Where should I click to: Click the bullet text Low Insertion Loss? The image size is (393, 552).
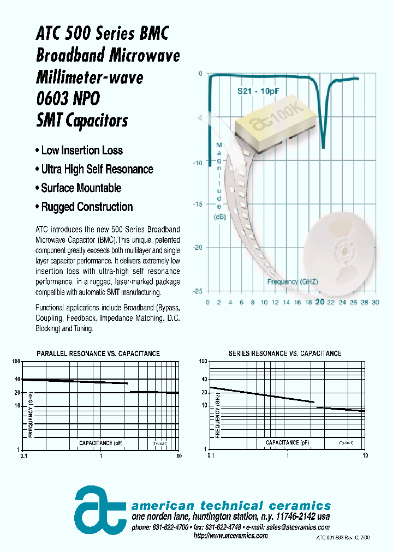point(82,151)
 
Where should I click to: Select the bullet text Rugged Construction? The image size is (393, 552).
point(87,207)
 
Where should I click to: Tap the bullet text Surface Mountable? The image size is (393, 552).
point(81,188)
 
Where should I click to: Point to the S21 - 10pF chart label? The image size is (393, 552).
point(258,91)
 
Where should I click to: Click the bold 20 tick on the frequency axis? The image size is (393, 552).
point(320,303)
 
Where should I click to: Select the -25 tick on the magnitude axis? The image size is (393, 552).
point(198,291)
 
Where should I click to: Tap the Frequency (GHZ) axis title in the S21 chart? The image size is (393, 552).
point(292,281)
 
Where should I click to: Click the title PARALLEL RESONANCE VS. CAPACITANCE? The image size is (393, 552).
point(98,353)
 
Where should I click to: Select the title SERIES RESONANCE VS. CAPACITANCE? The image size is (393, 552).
point(284,353)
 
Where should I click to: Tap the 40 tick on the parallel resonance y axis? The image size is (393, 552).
point(17,379)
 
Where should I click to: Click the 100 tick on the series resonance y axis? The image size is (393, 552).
point(203,362)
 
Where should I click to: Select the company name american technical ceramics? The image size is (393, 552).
point(231,506)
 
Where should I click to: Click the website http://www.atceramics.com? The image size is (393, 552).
point(231,536)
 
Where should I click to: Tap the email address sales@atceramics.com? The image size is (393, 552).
point(297,527)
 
